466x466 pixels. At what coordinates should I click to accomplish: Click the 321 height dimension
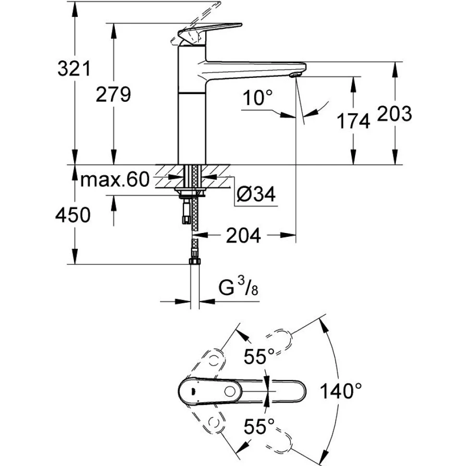point(74,69)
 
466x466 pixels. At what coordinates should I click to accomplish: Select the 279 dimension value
point(113,94)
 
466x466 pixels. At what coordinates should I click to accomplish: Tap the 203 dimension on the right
point(394,113)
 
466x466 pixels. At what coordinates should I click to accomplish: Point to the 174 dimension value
point(353,121)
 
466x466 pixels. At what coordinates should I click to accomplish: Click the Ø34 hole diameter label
point(256,195)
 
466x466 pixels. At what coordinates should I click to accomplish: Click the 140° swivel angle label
point(342,391)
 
